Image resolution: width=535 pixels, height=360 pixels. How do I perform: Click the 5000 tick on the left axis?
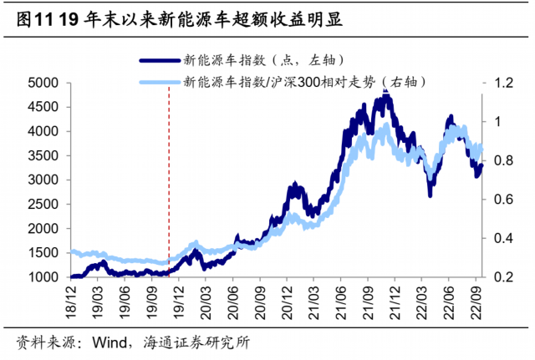[39, 84]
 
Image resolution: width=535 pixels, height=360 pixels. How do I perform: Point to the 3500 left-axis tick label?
[39, 156]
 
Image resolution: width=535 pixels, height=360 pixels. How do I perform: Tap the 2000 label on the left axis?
[39, 229]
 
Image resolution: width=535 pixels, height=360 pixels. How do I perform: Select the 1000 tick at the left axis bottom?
[39, 277]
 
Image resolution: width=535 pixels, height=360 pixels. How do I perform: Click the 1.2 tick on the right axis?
[502, 84]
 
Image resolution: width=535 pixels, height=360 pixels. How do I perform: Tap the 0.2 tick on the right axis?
[502, 277]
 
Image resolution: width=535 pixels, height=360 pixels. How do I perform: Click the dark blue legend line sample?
[159, 59]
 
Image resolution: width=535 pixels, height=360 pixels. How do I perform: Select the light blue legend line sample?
[159, 82]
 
